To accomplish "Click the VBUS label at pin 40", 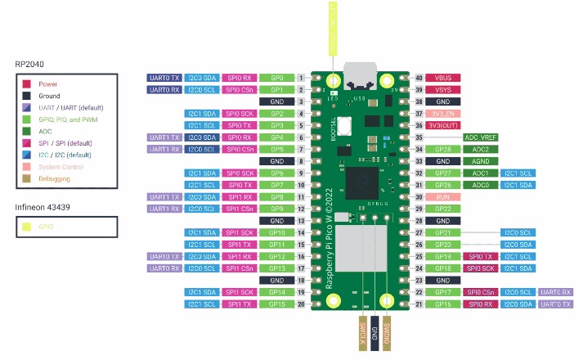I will coord(443,78).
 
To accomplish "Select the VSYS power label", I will coord(443,89).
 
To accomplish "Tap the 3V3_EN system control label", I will coord(443,114).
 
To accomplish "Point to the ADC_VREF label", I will coord(481,137).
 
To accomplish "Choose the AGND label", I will coord(481,162).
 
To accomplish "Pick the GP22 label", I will coord(443,209).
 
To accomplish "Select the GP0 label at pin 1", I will coord(277,78).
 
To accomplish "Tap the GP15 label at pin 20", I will coord(277,304).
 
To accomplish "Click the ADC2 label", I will coord(481,150).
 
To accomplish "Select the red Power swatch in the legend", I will coord(27,83).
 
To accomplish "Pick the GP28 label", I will coord(443,150).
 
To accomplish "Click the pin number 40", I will coord(419,78).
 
